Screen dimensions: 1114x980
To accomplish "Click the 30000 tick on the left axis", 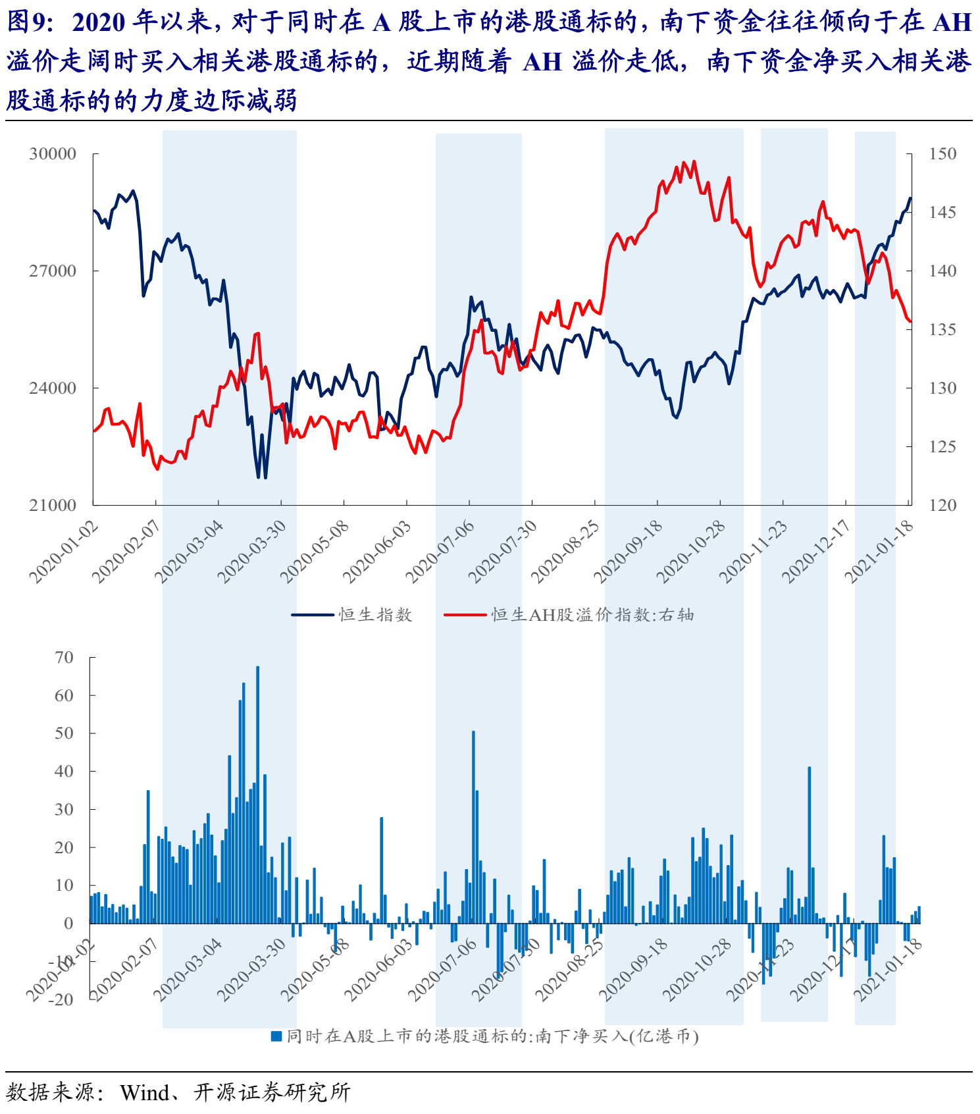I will pyautogui.click(x=53, y=154).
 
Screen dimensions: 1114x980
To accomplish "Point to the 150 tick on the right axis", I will pyautogui.click(x=942, y=154).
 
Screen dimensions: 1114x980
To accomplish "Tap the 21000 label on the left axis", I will pyautogui.click(x=53, y=506).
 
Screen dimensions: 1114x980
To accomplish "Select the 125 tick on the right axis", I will pyautogui.click(x=942, y=447).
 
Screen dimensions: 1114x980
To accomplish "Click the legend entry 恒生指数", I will pyautogui.click(x=375, y=615).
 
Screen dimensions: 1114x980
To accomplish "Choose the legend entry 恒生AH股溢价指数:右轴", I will pyautogui.click(x=592, y=615).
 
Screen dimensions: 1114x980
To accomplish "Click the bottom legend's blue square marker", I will pyautogui.click(x=276, y=1036).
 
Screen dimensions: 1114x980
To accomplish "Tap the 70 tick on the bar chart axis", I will pyautogui.click(x=64, y=658).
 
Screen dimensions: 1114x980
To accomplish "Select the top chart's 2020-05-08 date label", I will pyautogui.click(x=315, y=552).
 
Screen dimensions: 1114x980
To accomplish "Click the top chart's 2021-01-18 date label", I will pyautogui.click(x=879, y=552).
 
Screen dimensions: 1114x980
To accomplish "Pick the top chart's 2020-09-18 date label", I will pyautogui.click(x=628, y=552).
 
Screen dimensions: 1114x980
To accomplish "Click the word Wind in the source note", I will pyautogui.click(x=145, y=1093).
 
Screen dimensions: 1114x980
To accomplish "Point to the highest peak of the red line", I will pyautogui.click(x=684, y=162).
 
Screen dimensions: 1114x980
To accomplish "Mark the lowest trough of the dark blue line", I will pyautogui.click(x=259, y=477).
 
